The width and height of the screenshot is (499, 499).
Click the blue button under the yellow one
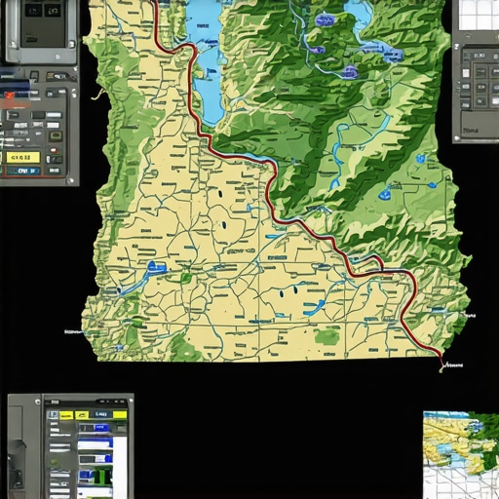click(x=20, y=170)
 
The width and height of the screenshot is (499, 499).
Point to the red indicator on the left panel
click(x=12, y=96)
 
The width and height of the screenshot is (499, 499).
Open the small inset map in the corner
click(x=460, y=454)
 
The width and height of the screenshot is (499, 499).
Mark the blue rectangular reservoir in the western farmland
click(x=156, y=266)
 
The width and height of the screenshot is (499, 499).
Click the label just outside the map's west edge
click(x=70, y=330)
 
